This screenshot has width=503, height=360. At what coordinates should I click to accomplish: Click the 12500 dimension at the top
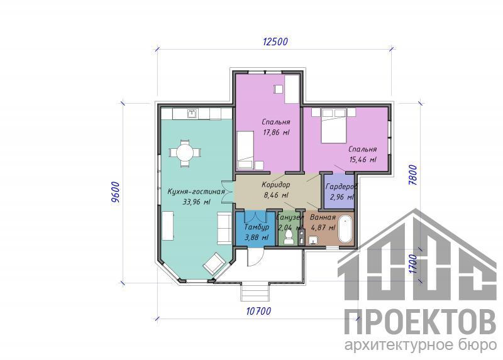coord(275,41)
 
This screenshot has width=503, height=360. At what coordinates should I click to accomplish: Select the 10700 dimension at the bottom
coord(258,311)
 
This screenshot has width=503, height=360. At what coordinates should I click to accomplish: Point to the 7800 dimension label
coord(413,175)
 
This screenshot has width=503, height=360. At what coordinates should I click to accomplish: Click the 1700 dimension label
coord(413,264)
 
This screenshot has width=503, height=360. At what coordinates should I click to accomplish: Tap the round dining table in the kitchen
coord(184,153)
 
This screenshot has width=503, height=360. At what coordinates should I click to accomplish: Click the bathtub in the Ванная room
coord(345,229)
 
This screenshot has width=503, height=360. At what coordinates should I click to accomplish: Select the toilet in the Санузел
coord(289,237)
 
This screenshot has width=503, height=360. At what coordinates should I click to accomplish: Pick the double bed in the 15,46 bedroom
coord(334,126)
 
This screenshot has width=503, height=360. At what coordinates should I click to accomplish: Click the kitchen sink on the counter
coord(192,114)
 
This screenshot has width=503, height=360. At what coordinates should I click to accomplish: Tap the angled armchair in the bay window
coord(214,263)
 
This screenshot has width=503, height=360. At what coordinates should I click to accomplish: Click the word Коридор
coord(276,185)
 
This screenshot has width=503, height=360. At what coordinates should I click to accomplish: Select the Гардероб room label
coord(341,187)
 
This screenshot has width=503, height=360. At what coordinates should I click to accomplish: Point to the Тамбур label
coord(257,227)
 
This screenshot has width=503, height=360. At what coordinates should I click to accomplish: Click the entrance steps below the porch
coord(255,292)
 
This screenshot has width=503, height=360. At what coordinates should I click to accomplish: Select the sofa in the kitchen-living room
coord(224,228)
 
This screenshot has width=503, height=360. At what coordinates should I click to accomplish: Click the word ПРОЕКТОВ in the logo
coord(420,322)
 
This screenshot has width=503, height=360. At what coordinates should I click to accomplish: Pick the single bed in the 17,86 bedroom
coord(245,150)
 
